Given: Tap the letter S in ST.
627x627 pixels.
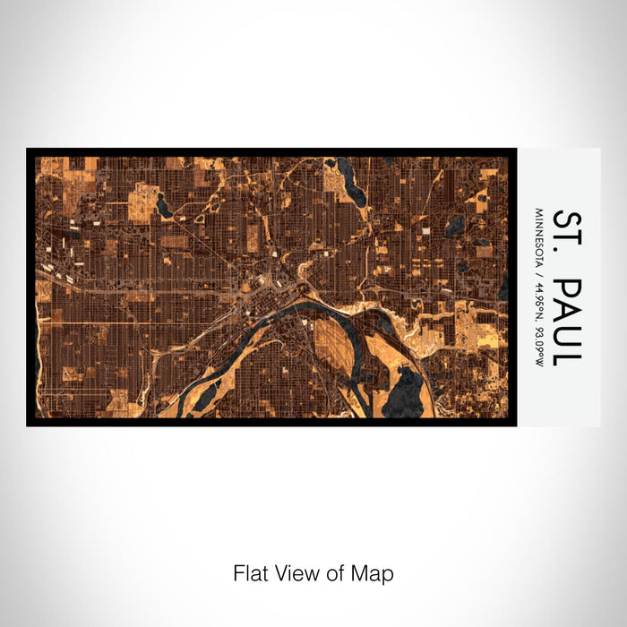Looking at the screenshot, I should (567, 219).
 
